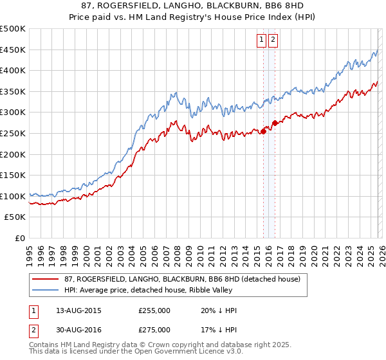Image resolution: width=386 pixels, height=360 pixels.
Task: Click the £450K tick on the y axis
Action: [x=13, y=50]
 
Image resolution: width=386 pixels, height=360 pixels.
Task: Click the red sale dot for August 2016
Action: [x=275, y=123]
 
